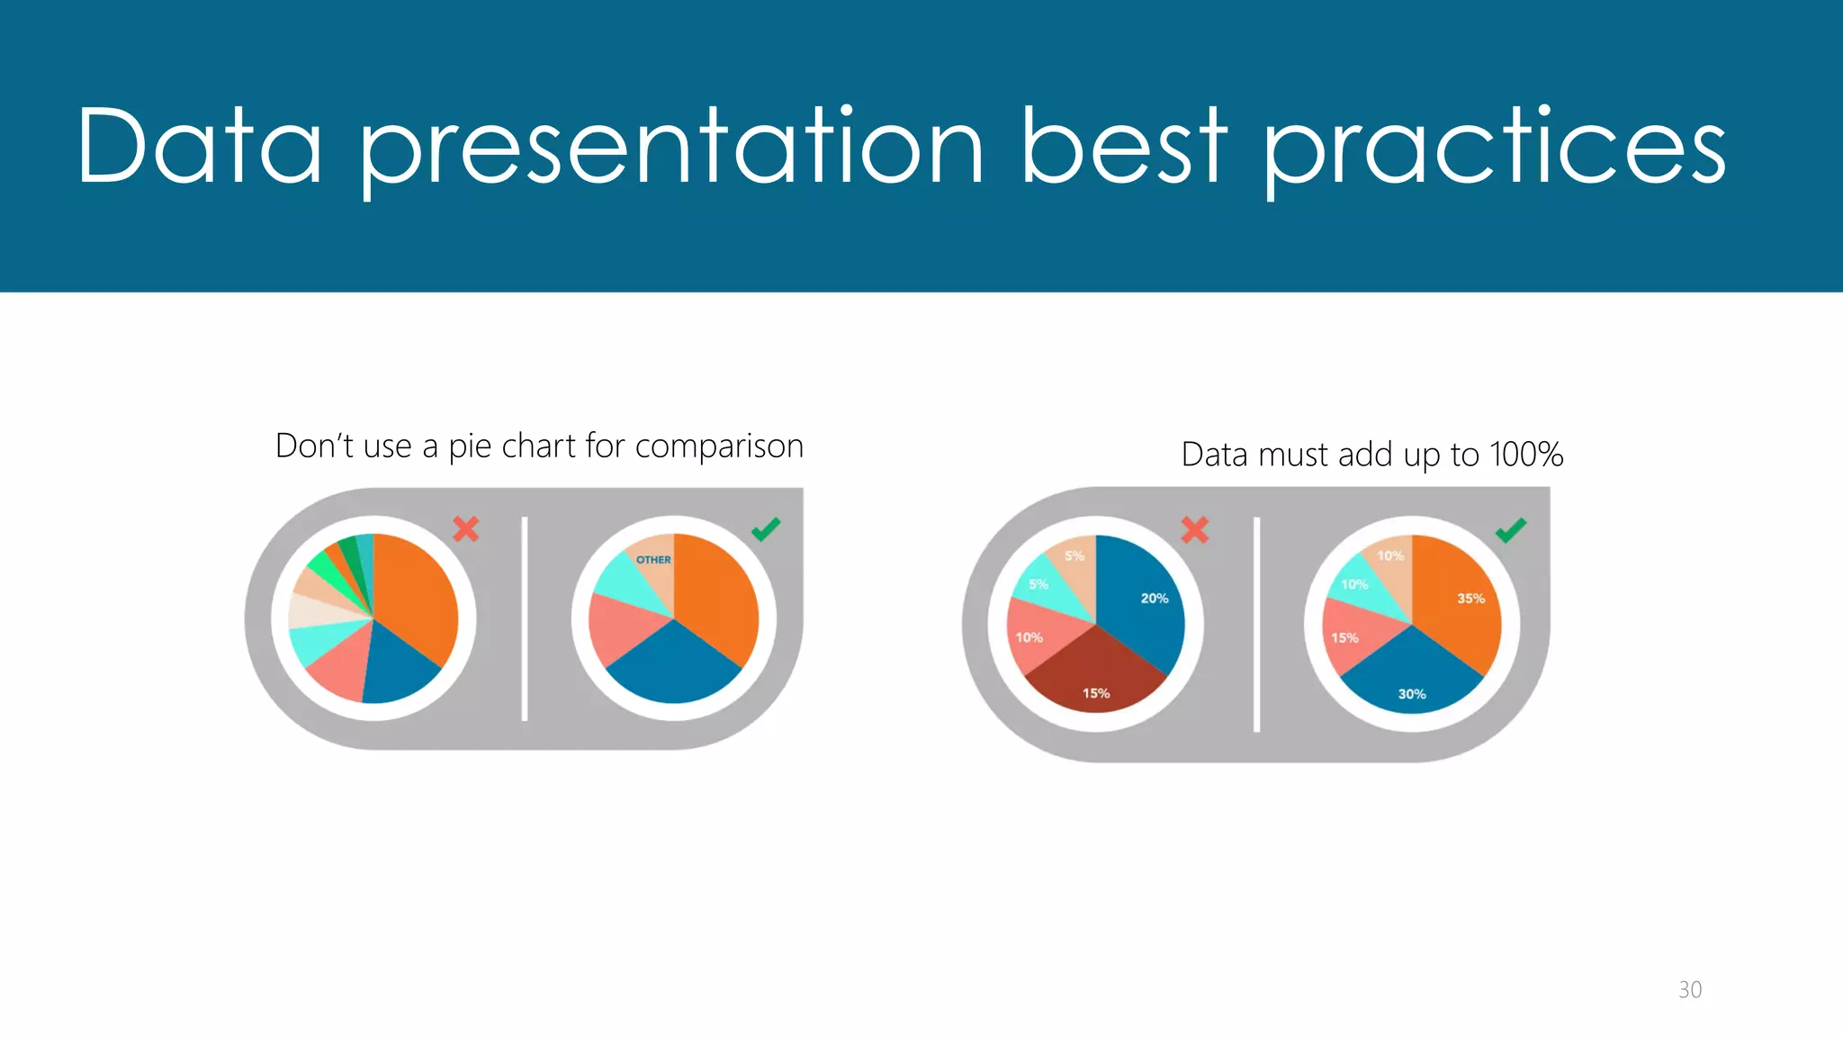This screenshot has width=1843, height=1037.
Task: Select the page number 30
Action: click(1689, 989)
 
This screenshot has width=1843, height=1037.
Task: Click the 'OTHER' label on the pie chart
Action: click(653, 560)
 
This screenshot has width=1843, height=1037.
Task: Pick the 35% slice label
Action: click(1470, 599)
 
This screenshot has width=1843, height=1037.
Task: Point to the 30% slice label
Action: click(1411, 694)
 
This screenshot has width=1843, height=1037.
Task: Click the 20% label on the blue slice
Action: click(1154, 599)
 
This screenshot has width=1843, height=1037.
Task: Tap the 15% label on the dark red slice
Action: click(1095, 693)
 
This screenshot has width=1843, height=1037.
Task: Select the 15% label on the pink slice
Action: click(1344, 638)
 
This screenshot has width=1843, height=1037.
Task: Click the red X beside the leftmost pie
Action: click(465, 528)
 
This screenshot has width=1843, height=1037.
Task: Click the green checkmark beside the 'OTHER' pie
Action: click(766, 529)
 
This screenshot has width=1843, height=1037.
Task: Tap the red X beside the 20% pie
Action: click(1194, 529)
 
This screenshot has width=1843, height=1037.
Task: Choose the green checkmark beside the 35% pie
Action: click(1511, 530)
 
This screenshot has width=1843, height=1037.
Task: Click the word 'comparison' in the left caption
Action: click(719, 446)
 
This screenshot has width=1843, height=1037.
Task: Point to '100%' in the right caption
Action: click(1526, 455)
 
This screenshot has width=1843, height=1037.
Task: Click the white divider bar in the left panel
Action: click(525, 619)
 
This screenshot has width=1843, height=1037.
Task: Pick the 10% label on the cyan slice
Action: click(1354, 585)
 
